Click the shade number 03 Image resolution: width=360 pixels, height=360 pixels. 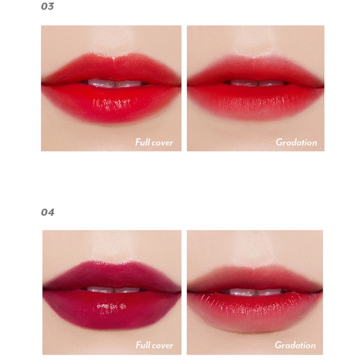(x=47, y=6)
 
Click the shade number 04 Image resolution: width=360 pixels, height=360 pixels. (x=48, y=212)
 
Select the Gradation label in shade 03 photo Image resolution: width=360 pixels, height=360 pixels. (x=296, y=142)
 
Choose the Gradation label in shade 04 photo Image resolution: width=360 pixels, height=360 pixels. (x=295, y=345)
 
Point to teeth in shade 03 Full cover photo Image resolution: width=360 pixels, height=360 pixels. (x=114, y=83)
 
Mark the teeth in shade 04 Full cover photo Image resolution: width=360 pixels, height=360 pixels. (x=114, y=290)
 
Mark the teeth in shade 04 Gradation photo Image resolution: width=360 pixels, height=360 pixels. (x=256, y=292)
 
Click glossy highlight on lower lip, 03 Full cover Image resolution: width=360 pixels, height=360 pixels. (x=111, y=104)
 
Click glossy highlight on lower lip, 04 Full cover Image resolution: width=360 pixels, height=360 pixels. (x=111, y=306)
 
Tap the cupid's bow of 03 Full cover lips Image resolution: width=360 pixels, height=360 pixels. (x=114, y=58)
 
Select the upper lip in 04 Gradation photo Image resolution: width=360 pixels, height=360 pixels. (x=255, y=278)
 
